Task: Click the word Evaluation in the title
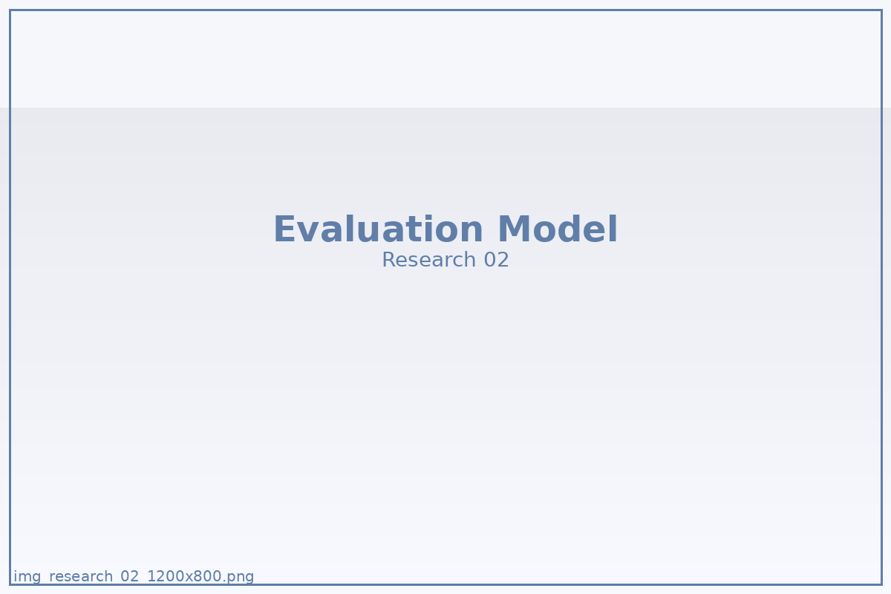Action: pos(378,229)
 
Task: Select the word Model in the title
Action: pos(558,229)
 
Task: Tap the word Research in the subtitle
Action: pos(429,260)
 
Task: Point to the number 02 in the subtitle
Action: pos(496,260)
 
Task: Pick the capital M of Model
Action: pos(514,229)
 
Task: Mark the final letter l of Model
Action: pos(613,229)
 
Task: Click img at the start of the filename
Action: pos(27,576)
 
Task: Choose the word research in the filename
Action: pos(81,576)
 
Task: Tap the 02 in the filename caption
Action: pos(129,576)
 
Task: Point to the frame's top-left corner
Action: pos(10,10)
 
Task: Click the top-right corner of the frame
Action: pos(882,10)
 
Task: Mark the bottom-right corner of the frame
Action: pos(882,585)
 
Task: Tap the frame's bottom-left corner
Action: pos(10,585)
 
